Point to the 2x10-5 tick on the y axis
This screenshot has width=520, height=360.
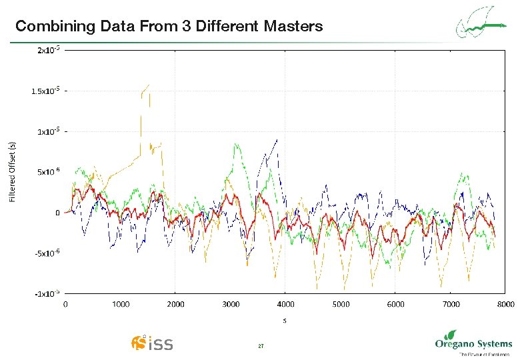pos(49,50)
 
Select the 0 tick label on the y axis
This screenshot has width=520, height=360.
pos(57,213)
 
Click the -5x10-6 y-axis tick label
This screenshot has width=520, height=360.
pos(48,253)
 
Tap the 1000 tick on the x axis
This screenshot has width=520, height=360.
pos(120,305)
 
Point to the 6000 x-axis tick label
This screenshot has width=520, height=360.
pos(395,305)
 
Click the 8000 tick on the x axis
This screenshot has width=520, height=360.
pos(505,305)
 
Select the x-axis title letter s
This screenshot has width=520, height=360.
pos(285,320)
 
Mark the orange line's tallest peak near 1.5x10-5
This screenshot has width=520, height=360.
pos(147,85)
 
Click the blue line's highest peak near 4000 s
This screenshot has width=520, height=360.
pos(276,139)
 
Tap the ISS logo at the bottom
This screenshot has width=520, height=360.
pos(152,343)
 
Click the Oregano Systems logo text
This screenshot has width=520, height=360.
pos(473,344)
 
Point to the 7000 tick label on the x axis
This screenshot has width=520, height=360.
pos(451,305)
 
